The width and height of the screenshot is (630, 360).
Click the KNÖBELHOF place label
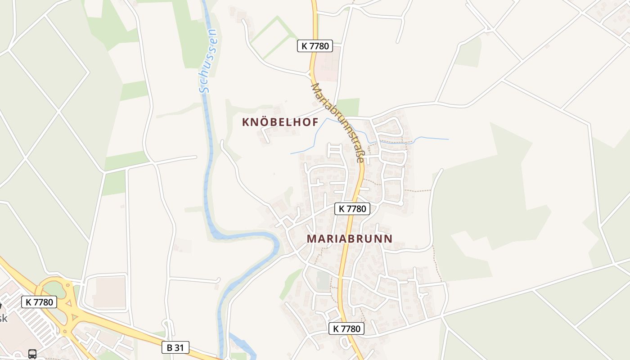pos(280,122)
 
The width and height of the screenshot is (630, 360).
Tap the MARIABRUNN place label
pos(350,239)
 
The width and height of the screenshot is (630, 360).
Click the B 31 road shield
pos(175,347)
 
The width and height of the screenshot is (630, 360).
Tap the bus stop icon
pos(32,354)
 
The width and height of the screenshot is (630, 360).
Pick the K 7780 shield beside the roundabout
pos(39,302)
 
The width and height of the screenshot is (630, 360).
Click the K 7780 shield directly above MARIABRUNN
pos(352,208)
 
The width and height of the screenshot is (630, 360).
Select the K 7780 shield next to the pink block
pos(315,45)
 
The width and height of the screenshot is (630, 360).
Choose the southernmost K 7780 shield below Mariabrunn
pos(346,328)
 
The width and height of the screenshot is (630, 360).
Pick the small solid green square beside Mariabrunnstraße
pos(348,107)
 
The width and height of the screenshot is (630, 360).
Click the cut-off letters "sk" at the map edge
pos(3,318)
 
